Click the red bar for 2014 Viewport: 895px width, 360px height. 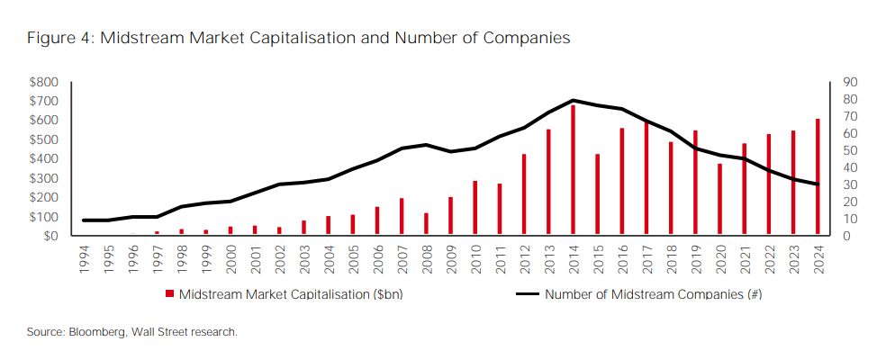(x=573, y=170)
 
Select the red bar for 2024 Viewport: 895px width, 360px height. (x=818, y=177)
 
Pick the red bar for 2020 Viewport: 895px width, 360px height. (x=719, y=199)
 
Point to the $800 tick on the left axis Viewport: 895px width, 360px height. (x=44, y=82)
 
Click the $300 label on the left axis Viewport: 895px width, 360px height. (x=44, y=178)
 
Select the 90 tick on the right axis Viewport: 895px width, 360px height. (x=850, y=82)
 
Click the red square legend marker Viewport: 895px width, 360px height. (x=169, y=294)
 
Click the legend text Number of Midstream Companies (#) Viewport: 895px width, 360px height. (x=654, y=294)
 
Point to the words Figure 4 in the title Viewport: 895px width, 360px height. (x=59, y=39)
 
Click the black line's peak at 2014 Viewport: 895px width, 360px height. (x=573, y=100)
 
